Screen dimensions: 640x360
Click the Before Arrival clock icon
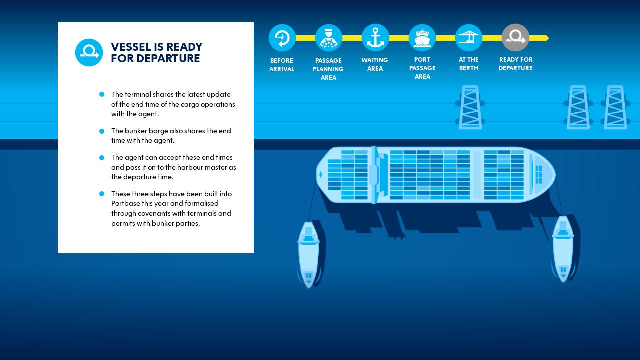tap(282, 38)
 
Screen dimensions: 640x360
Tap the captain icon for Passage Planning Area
tap(328, 38)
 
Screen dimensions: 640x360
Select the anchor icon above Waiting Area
tap(375, 38)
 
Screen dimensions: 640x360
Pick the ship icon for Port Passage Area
tap(422, 38)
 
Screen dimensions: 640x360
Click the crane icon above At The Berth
tap(468, 38)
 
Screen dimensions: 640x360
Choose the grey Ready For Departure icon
tap(515, 38)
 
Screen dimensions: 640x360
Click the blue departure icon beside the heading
tap(89, 52)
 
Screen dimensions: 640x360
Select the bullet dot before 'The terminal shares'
tap(102, 94)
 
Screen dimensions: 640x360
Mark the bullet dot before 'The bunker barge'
tap(102, 131)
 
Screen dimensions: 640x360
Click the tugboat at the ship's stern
tap(309, 255)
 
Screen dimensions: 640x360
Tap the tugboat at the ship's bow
tap(563, 249)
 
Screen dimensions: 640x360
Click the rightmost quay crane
tap(615, 107)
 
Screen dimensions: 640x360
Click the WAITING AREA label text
tap(375, 64)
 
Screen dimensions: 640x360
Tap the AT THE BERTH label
tap(469, 64)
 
